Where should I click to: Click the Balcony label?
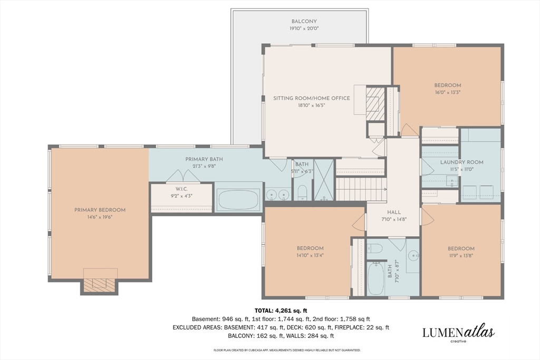click(x=304, y=21)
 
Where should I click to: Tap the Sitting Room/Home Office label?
click(x=312, y=98)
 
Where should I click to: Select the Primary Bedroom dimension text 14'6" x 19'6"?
click(x=100, y=217)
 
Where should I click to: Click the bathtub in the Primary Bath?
click(x=238, y=200)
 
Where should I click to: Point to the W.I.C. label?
click(x=181, y=189)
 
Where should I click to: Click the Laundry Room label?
click(x=462, y=162)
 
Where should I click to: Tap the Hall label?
click(x=394, y=212)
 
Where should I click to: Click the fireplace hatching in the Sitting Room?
click(x=375, y=104)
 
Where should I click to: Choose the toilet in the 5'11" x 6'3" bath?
click(x=302, y=192)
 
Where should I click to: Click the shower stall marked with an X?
click(x=324, y=180)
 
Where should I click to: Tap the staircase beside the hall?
click(x=360, y=189)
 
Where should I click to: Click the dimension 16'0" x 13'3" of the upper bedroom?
click(x=447, y=92)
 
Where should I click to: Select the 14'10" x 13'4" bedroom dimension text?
click(x=310, y=255)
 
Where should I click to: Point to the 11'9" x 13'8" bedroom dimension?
click(x=461, y=256)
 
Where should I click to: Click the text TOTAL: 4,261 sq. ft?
click(x=281, y=311)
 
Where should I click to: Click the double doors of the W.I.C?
click(x=183, y=176)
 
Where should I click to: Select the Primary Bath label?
click(x=204, y=159)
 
